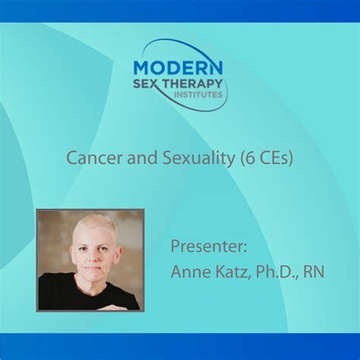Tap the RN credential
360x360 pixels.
[x=314, y=271]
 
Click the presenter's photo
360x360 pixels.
[x=90, y=260]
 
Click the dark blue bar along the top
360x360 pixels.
[x=180, y=11]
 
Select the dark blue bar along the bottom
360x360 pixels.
[x=180, y=346]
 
